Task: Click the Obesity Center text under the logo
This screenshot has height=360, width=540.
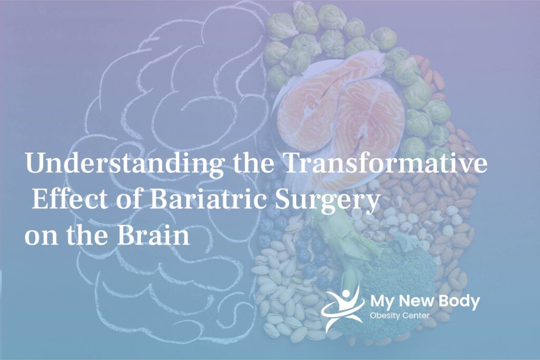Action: (399, 315)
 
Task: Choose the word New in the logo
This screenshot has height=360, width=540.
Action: (416, 301)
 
